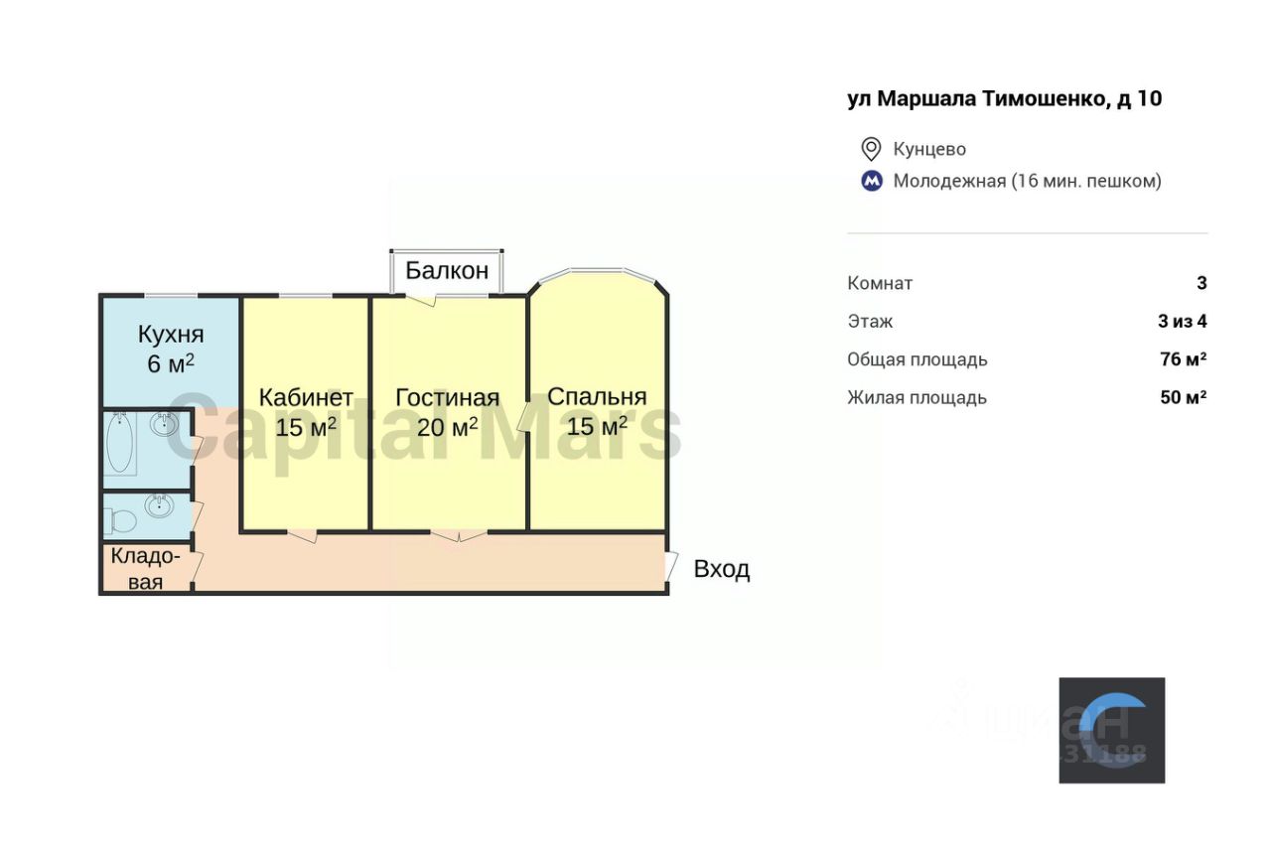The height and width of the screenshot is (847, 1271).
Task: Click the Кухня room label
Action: pos(171,333)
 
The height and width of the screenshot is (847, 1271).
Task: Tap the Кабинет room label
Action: pos(306,397)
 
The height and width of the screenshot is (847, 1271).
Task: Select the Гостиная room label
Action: pos(447,397)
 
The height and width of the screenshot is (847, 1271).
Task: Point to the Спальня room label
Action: pos(597,397)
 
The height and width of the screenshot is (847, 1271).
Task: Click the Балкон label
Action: pos(447,270)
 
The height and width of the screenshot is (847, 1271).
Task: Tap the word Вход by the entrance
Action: pos(722,570)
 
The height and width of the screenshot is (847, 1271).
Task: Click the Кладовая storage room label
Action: pos(146,569)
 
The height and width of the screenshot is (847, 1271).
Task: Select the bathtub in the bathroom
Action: pos(121,444)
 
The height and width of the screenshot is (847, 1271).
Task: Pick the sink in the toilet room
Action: pos(160,505)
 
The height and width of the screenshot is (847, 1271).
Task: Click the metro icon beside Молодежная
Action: pos(871,182)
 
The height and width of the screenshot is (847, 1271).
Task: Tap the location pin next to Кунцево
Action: pos(871,149)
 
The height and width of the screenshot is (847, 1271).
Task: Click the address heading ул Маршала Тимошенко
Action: pos(1004,98)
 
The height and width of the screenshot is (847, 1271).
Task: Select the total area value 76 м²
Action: pos(1183,359)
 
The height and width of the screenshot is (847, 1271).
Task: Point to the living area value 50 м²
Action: pos(1183,397)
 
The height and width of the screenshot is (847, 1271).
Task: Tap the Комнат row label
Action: pos(880,283)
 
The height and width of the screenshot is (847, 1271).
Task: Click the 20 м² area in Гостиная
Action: pos(447,427)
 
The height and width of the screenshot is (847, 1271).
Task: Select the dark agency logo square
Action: pos(1111,730)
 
